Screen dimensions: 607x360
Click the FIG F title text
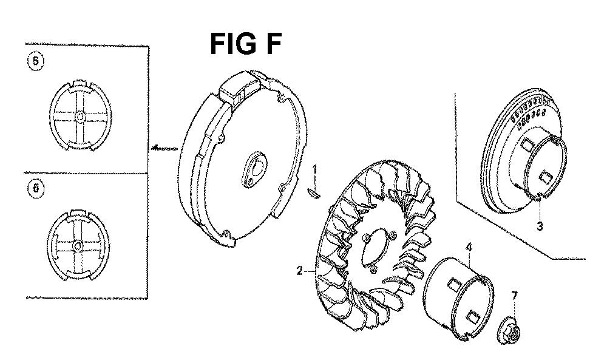245,44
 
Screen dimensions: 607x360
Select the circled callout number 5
36,61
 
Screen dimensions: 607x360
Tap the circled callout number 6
36,189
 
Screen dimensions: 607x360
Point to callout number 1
314,170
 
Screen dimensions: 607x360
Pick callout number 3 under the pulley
540,226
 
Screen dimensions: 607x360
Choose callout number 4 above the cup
469,247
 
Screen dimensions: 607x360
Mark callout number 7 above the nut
514,296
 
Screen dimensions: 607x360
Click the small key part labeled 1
314,193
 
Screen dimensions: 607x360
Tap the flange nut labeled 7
509,331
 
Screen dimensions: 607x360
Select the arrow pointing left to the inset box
165,148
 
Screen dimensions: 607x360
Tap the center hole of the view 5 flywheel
80,116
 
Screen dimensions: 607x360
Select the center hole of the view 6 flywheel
78,245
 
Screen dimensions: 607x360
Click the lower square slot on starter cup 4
472,316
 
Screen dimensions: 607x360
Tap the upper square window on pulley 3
527,146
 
